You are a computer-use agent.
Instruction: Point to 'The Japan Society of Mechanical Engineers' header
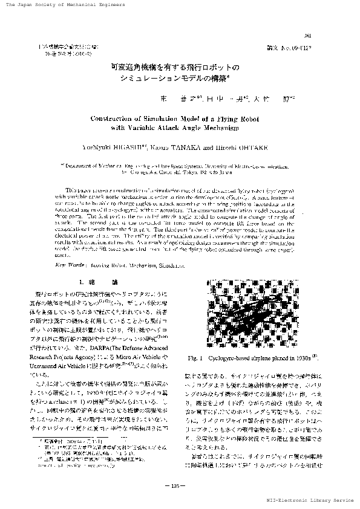coord(57,5)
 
